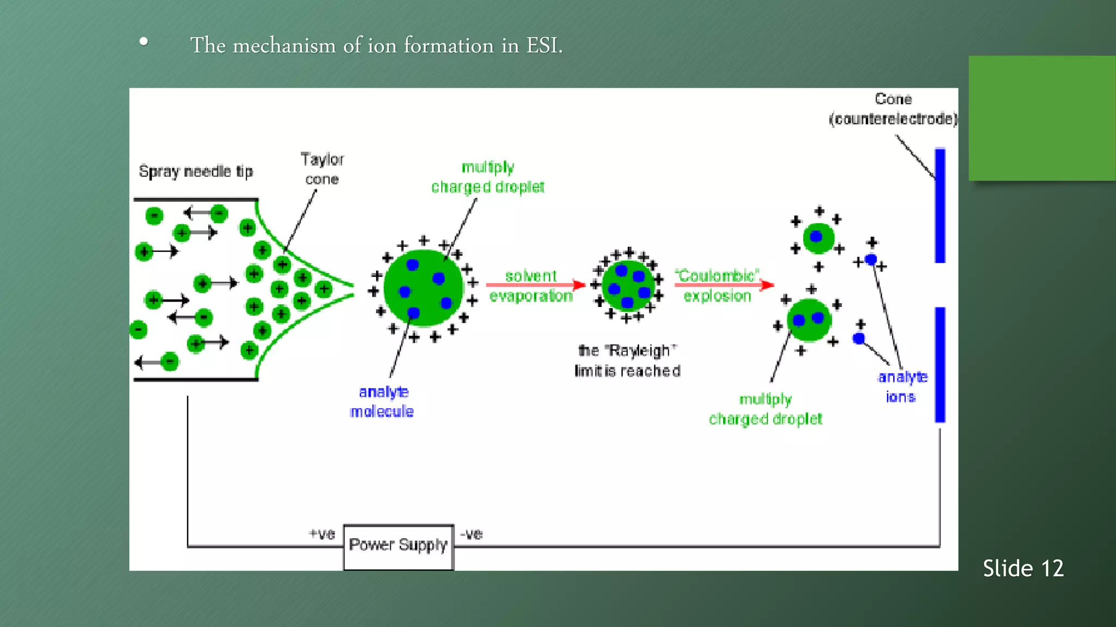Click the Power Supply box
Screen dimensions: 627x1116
[x=398, y=546]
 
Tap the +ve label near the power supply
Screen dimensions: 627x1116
[x=322, y=534]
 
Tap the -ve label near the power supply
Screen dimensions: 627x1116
[x=472, y=534]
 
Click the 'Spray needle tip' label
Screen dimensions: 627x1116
[x=196, y=171]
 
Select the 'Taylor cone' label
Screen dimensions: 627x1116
[x=322, y=169]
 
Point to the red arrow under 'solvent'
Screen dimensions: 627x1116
[x=535, y=285]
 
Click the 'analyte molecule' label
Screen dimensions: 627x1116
[x=383, y=402]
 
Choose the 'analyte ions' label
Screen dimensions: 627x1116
[x=902, y=386]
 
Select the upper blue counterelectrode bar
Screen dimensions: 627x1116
[x=940, y=206]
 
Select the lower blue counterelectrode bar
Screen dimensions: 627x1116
[x=940, y=365]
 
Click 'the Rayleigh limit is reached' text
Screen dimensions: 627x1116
[x=627, y=361]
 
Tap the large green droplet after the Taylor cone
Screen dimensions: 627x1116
[x=423, y=288]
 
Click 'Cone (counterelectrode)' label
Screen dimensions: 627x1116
[x=893, y=109]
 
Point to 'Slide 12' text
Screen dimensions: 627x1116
[x=1023, y=568]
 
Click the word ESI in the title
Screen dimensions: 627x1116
[x=543, y=45]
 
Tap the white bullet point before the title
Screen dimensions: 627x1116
[x=143, y=41]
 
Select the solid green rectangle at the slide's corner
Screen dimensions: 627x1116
[x=1042, y=118]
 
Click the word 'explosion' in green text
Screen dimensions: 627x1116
[x=717, y=296]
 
